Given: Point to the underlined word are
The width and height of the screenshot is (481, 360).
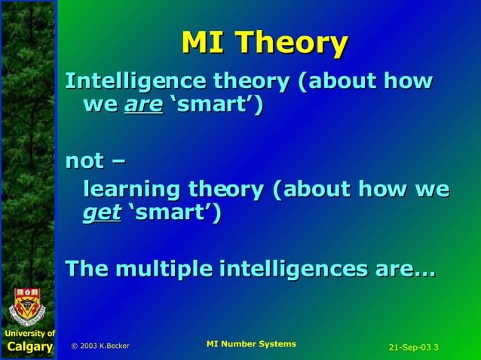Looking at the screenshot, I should click(143, 105).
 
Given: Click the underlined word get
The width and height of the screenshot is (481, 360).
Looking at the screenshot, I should click(101, 213).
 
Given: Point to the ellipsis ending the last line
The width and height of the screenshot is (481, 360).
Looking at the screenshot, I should click(422, 270).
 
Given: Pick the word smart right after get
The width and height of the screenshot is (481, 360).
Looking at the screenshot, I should click(173, 213).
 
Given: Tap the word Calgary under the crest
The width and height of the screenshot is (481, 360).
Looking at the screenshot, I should click(29, 347).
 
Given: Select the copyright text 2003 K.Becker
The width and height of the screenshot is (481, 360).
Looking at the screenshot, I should click(100, 346).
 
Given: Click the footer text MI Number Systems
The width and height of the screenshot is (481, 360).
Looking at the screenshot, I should click(250, 344).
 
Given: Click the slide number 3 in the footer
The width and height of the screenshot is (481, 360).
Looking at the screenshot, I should click(437, 347).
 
